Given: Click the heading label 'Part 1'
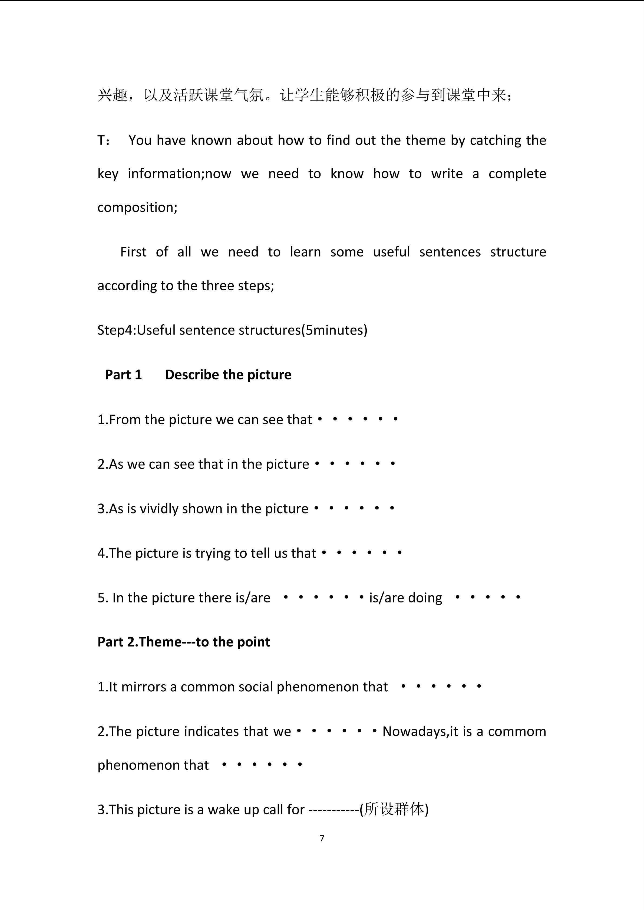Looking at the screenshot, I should click(x=123, y=375).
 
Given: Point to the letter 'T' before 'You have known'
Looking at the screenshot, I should click(x=101, y=140).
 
